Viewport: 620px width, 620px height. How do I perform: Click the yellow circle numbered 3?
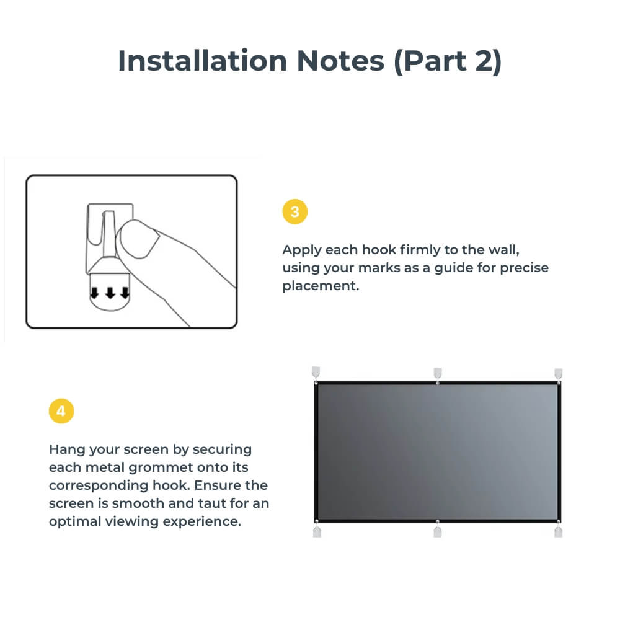tap(294, 212)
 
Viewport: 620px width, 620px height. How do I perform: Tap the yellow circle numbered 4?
tap(61, 412)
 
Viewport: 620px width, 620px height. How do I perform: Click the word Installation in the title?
tap(202, 61)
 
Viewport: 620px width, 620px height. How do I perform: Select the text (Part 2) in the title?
tap(447, 61)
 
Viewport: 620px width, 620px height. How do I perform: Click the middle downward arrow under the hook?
tap(110, 293)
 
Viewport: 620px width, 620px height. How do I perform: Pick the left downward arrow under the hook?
tap(95, 293)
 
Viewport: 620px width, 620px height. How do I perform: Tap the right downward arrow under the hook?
tap(125, 293)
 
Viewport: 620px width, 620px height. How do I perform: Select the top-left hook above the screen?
tap(317, 373)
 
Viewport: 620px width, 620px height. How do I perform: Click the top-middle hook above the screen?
tap(438, 373)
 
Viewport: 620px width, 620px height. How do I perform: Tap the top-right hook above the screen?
tap(558, 373)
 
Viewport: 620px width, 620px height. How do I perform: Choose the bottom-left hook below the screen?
tap(317, 531)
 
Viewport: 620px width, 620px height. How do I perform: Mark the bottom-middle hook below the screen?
tap(438, 531)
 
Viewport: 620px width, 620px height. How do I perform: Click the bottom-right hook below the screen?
tap(558, 531)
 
